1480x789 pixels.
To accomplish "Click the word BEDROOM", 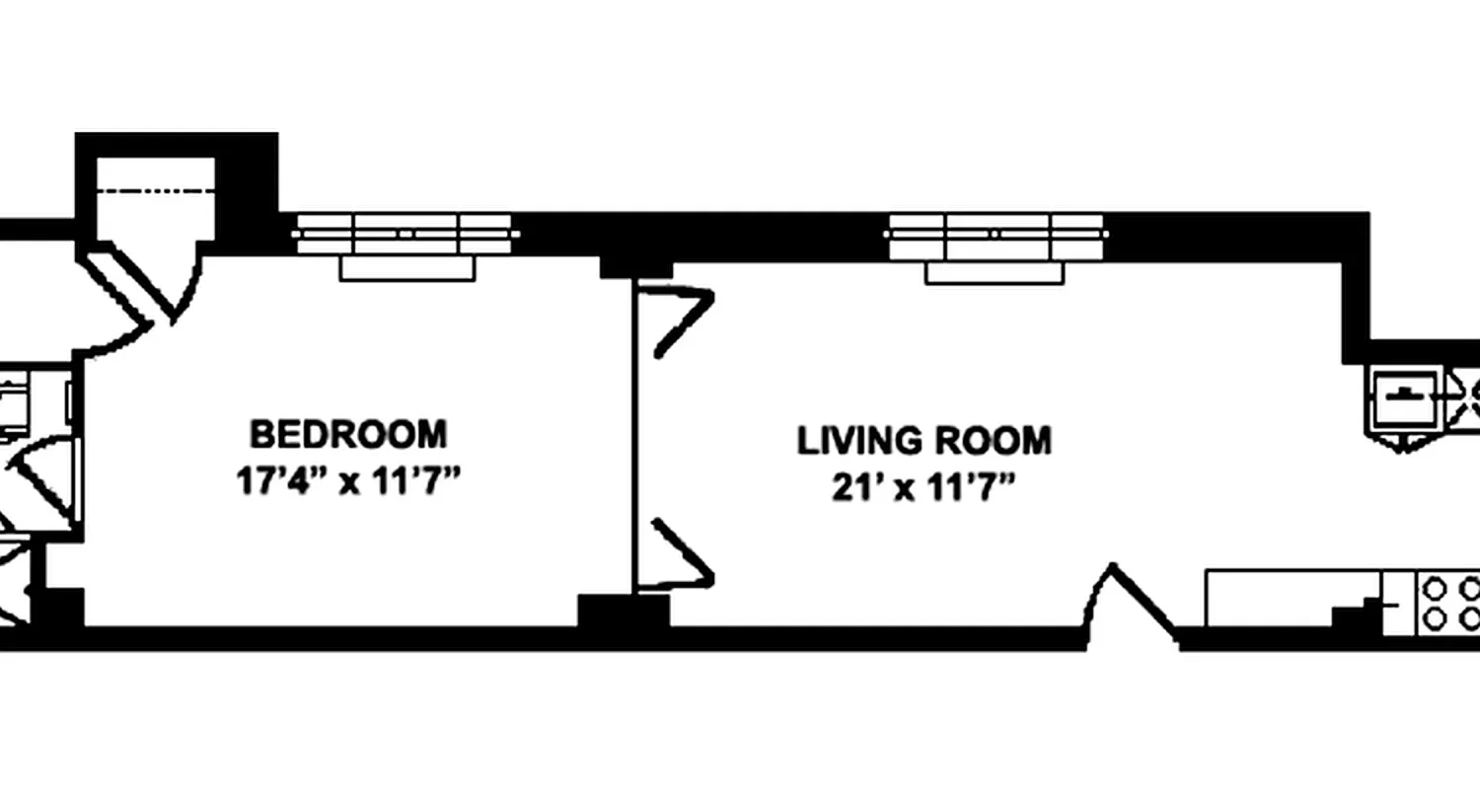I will click(347, 434).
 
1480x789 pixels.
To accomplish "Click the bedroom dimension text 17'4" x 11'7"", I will click(348, 483).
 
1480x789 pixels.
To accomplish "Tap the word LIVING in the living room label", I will click(855, 441).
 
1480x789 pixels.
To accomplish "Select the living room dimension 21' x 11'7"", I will click(924, 488).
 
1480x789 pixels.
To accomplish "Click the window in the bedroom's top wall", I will click(405, 234).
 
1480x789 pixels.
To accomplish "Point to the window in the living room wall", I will click(995, 237).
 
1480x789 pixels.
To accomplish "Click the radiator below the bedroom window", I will click(407, 268).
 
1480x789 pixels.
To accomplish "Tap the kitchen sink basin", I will click(1403, 398).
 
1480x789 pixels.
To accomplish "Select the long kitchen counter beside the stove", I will click(1293, 597).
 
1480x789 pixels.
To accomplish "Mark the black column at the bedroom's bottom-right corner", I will click(623, 610).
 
